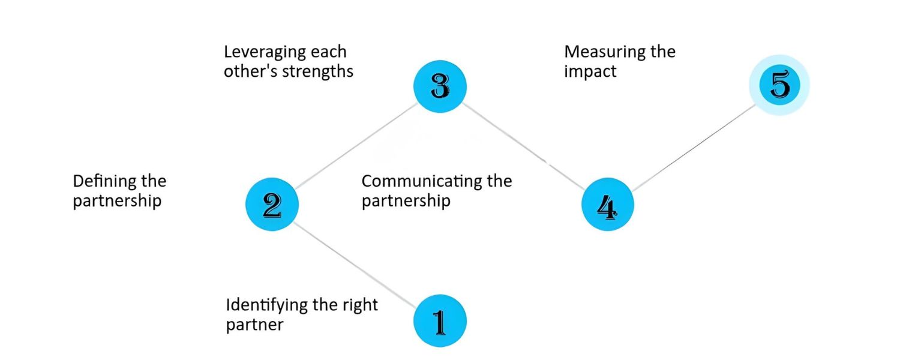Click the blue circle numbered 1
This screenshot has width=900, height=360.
tap(440, 321)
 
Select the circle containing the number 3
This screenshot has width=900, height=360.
tap(440, 86)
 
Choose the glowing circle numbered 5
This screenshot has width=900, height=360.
tap(779, 85)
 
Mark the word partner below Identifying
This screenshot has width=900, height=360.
tap(254, 325)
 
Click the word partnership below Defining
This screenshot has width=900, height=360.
tap(117, 200)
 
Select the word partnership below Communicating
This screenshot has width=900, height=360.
tap(406, 200)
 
